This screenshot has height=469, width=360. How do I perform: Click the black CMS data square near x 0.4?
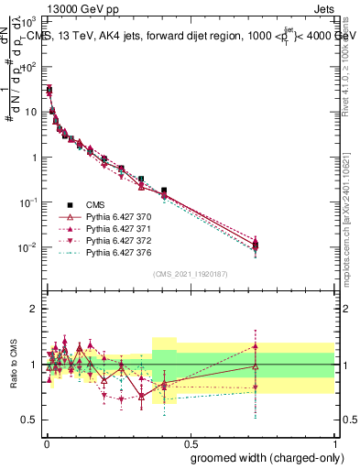(164, 191)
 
